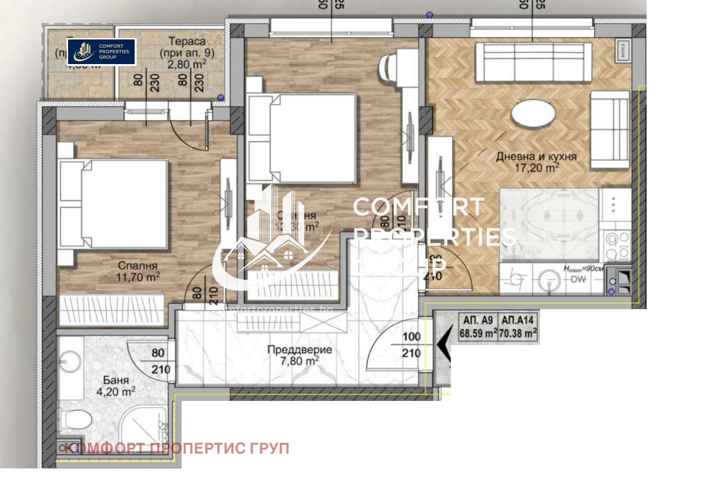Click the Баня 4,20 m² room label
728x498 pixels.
pyautogui.click(x=116, y=386)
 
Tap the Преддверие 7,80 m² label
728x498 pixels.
pyautogui.click(x=299, y=355)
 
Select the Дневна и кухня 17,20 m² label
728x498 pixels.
pyautogui.click(x=536, y=162)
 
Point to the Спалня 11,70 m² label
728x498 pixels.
pyautogui.click(x=138, y=272)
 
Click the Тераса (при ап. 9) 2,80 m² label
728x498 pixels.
pyautogui.click(x=187, y=53)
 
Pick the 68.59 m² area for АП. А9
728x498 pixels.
pyautogui.click(x=477, y=333)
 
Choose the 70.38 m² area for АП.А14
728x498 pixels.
pyautogui.click(x=517, y=333)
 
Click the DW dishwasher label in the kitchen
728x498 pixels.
pyautogui.click(x=578, y=280)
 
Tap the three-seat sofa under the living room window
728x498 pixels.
pyautogui.click(x=533, y=62)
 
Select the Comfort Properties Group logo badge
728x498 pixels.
pyautogui.click(x=102, y=52)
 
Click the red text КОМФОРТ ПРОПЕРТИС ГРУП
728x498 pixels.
pyautogui.click(x=178, y=448)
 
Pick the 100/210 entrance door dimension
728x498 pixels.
pyautogui.click(x=411, y=345)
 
